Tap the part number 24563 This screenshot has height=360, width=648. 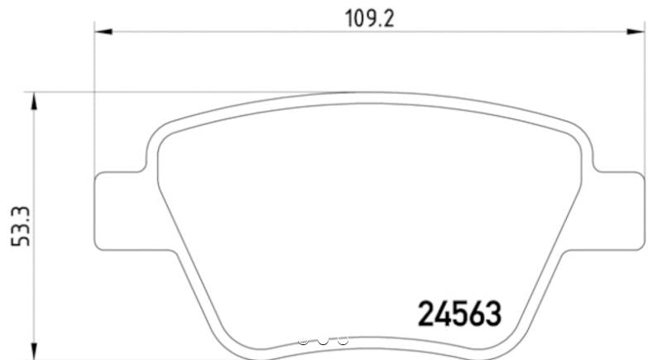[458, 314]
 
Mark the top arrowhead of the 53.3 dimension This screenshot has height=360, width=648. [34, 102]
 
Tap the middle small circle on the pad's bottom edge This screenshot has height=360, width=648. [323, 340]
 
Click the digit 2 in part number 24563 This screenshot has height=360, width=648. [423, 314]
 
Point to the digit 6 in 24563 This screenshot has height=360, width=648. [476, 314]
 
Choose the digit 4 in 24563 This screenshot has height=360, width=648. [440, 314]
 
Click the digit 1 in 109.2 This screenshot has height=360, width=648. [347, 17]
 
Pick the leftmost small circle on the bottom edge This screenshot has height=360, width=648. [304, 340]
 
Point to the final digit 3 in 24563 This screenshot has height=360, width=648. [493, 314]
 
